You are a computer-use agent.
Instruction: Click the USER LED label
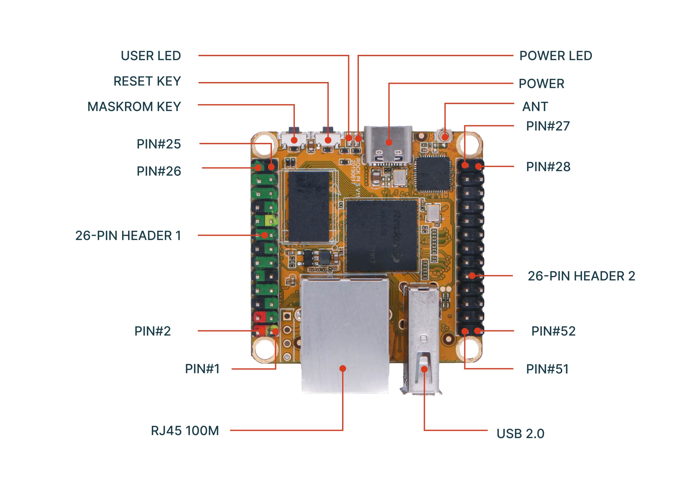pos(151,56)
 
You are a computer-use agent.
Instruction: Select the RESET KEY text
pos(147,81)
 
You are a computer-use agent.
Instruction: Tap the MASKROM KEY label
pos(134,107)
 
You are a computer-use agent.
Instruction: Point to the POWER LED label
pos(555,56)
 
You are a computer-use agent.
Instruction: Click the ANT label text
pos(535,107)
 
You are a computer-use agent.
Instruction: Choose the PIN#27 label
pos(547,126)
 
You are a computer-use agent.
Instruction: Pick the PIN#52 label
pos(553,331)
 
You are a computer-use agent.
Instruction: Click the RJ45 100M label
pos(185,431)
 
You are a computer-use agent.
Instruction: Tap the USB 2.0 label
pos(520,433)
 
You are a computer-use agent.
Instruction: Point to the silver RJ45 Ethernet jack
pos(345,335)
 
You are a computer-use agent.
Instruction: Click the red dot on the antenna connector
pos(445,137)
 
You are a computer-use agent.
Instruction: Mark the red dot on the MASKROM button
pos(294,140)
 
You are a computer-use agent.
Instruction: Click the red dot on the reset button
pos(328,140)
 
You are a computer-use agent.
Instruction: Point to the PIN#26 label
pos(159,171)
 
